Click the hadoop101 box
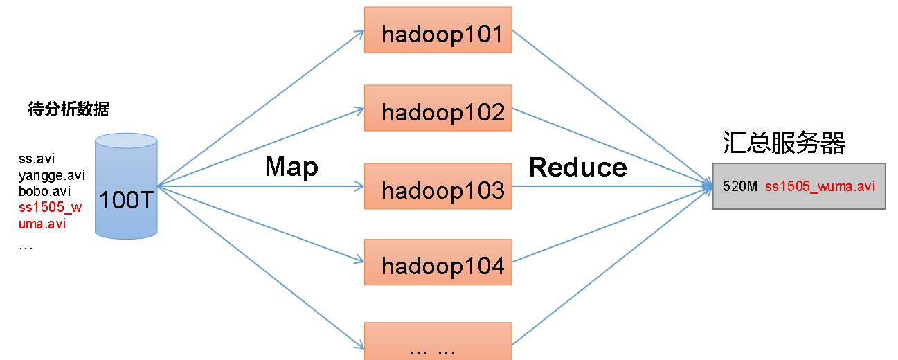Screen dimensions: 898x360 [438, 30]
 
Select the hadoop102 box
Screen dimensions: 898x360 [438, 108]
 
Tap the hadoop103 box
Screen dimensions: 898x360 [438, 186]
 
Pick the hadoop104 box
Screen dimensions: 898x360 [438, 262]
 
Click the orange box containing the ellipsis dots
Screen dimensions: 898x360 [438, 341]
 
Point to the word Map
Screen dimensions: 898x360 [291, 168]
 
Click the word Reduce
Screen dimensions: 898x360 [577, 168]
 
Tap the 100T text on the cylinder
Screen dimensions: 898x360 [126, 200]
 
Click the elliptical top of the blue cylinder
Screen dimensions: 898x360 [126, 141]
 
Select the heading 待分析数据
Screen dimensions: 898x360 [69, 109]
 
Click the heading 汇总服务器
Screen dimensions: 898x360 [784, 143]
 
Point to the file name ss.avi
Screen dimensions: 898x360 [37, 159]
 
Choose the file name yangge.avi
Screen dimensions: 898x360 [52, 176]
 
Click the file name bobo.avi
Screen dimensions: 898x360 [44, 191]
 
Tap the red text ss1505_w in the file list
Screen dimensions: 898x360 [50, 208]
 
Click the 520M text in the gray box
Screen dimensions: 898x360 [739, 186]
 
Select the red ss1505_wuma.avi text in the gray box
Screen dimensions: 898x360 [820, 186]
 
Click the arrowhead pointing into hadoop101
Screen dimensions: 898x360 [359, 34]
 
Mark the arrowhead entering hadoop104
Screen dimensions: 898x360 [359, 260]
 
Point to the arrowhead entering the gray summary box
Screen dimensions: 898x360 [708, 186]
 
